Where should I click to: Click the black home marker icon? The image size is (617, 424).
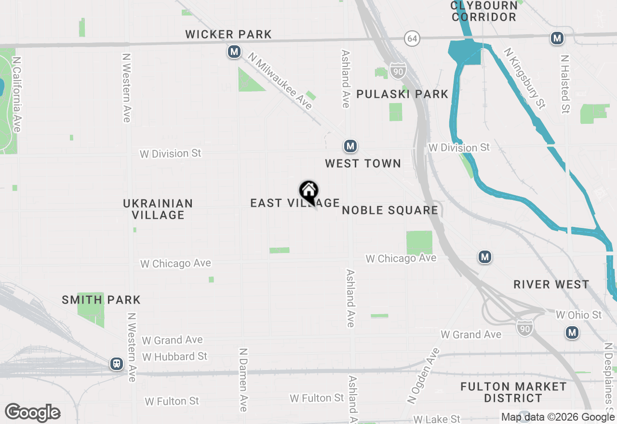click(x=308, y=191)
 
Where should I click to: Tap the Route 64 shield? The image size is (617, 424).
click(x=412, y=39)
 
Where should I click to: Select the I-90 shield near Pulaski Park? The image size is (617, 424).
click(x=398, y=70)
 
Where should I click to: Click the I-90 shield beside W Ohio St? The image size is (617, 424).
click(x=525, y=328)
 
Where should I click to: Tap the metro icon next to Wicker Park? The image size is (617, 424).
click(x=234, y=52)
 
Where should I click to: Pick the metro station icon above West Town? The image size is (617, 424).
click(x=350, y=146)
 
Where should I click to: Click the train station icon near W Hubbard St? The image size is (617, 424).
click(x=116, y=364)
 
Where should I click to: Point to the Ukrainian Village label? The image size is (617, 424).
click(x=158, y=209)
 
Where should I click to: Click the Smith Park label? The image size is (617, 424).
click(x=101, y=300)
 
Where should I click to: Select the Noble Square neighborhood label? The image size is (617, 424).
click(x=390, y=210)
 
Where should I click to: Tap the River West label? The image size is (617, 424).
click(x=551, y=284)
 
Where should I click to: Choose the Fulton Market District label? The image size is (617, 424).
click(x=513, y=392)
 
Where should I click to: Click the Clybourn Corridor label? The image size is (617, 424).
click(x=484, y=11)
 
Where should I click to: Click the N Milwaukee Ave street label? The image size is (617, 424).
click(x=280, y=81)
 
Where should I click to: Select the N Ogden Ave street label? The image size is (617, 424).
click(x=417, y=376)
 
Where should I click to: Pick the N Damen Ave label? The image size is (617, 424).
click(x=243, y=380)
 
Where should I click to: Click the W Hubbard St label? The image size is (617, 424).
click(x=174, y=357)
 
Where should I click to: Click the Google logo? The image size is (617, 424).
click(x=33, y=413)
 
